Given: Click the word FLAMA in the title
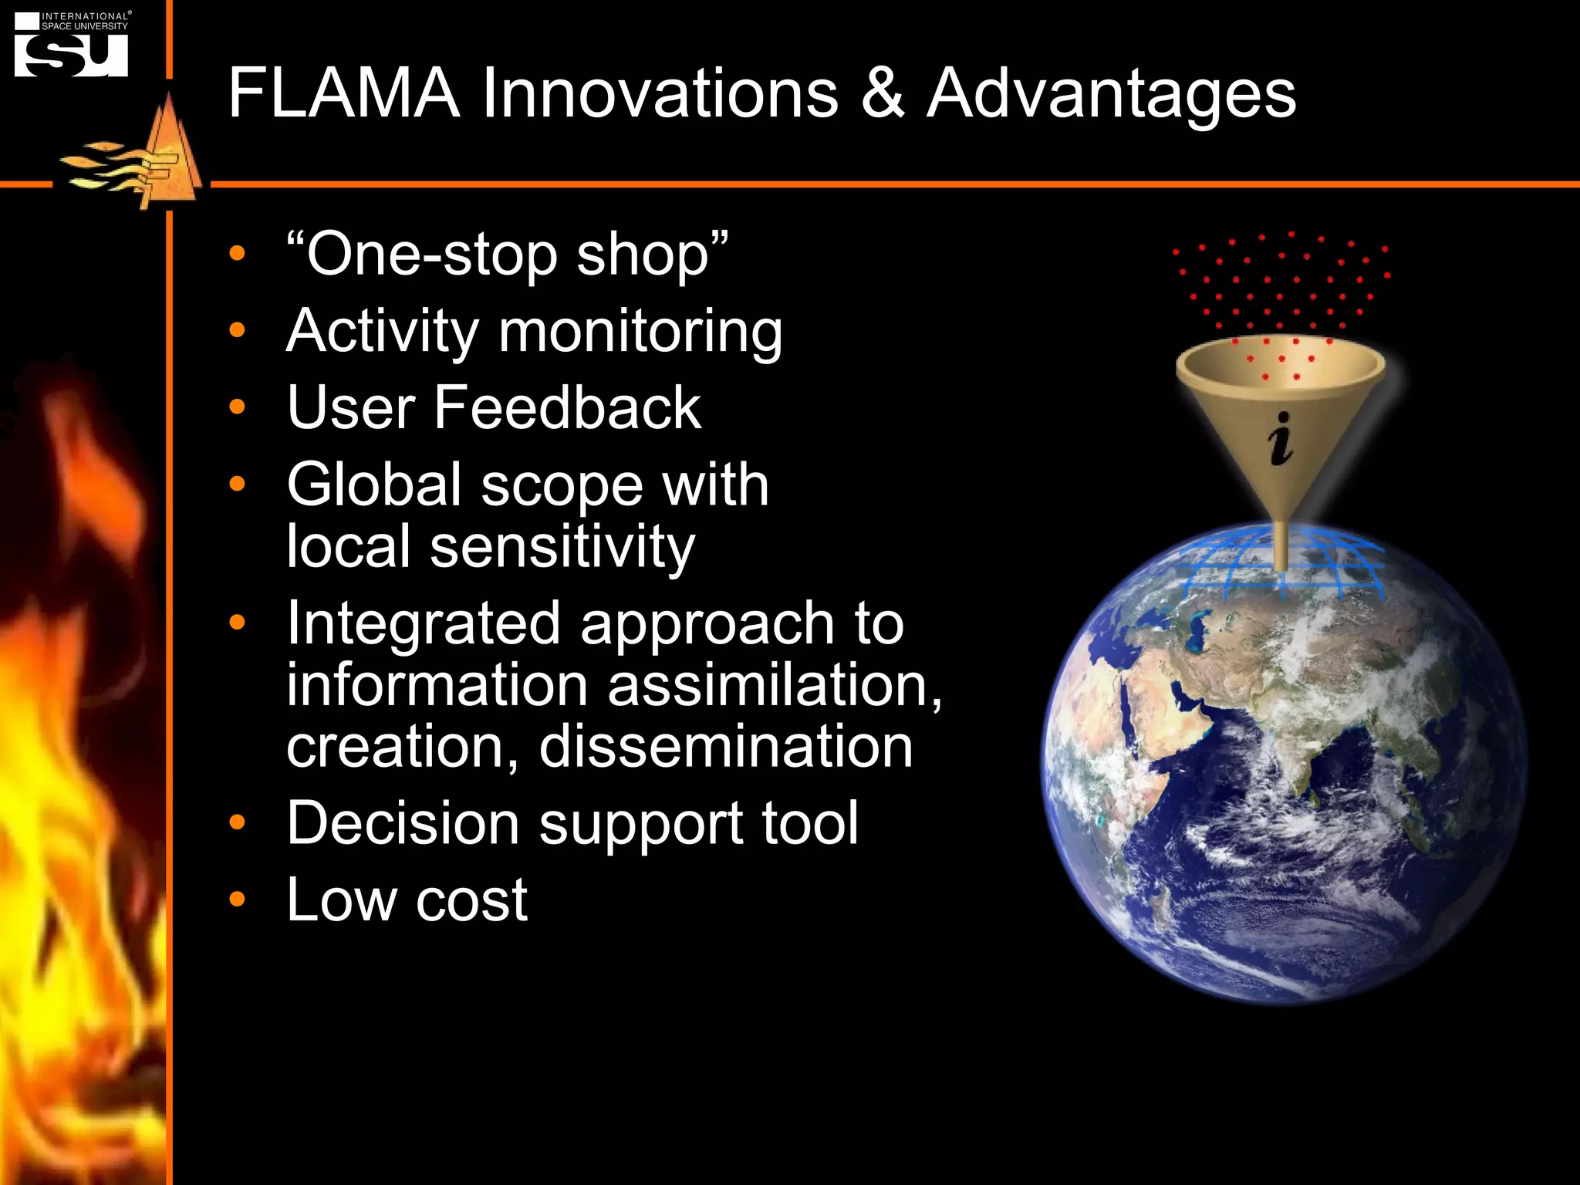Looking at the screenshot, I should click(343, 93).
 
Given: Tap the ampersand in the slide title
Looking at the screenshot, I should click(882, 93).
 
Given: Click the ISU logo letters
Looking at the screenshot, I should click(72, 55).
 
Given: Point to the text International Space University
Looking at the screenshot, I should click(85, 21).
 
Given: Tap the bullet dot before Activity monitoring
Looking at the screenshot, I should click(238, 330).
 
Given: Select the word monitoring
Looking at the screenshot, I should click(640, 332).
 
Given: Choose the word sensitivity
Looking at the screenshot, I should click(562, 547).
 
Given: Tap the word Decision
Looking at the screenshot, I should click(403, 823).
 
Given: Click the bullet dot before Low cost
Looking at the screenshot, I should click(238, 899).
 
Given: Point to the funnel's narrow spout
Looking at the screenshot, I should click(1281, 544).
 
